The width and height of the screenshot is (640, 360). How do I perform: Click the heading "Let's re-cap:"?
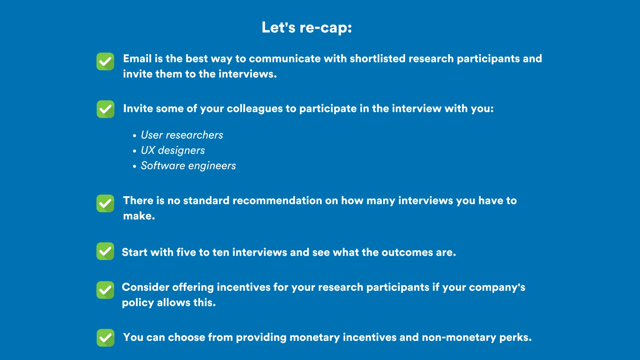(x=307, y=27)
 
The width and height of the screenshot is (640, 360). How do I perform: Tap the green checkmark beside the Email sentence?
(x=105, y=62)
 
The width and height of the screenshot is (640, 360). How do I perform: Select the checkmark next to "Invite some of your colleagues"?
(x=105, y=109)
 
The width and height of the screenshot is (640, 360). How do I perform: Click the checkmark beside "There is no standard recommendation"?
(x=105, y=203)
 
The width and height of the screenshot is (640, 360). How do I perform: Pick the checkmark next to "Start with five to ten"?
(x=105, y=251)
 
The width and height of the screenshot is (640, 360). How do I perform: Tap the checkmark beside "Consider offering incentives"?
(x=105, y=290)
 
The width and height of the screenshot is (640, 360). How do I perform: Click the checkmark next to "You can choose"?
(x=105, y=338)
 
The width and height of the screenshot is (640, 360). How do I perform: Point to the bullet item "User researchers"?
(x=182, y=135)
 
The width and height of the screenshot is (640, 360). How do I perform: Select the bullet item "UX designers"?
(x=173, y=150)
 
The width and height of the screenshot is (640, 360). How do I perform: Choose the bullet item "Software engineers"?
(x=188, y=166)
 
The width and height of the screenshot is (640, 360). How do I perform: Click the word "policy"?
(x=138, y=303)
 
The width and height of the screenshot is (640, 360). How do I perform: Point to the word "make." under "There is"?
(x=139, y=216)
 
